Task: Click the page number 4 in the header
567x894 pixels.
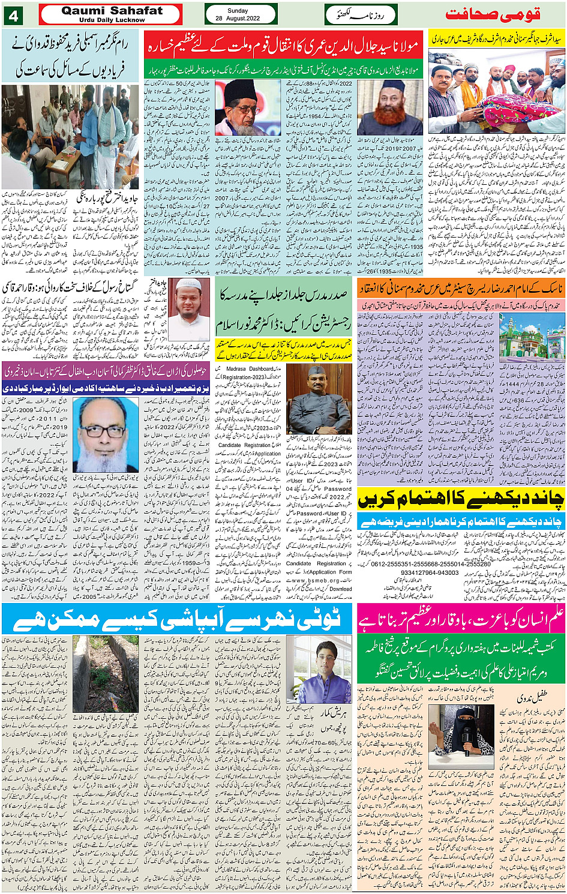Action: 12,14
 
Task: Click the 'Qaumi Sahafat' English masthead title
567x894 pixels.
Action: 112,11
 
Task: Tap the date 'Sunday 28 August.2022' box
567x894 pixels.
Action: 241,14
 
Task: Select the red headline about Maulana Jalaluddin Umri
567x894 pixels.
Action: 283,46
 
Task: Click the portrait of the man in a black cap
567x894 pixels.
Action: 248,108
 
